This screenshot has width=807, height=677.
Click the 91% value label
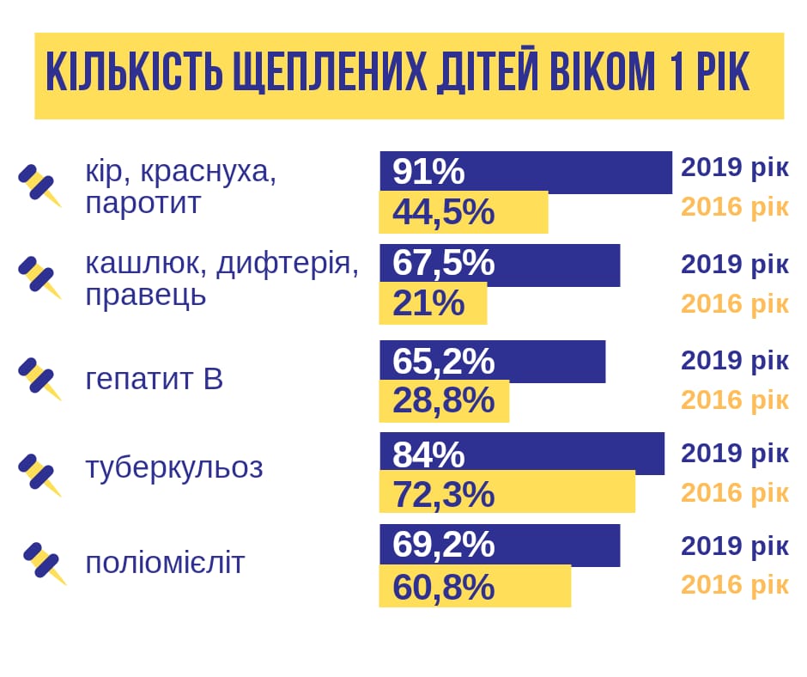click(428, 172)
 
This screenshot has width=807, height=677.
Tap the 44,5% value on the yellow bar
click(443, 212)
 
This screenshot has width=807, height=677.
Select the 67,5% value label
click(443, 264)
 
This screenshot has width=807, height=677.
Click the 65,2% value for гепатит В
click(443, 361)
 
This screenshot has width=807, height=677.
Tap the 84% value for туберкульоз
click(428, 454)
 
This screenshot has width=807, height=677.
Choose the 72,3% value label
click(443, 494)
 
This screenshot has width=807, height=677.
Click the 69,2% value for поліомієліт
click(443, 545)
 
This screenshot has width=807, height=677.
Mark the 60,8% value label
click(443, 587)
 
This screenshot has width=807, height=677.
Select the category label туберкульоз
click(174, 468)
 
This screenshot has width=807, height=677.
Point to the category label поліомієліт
click(165, 564)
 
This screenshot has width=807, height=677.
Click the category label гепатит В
click(155, 379)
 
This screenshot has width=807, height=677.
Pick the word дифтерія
click(288, 264)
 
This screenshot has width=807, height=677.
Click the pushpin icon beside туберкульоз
click(39, 474)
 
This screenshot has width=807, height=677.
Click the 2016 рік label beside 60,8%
click(734, 584)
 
